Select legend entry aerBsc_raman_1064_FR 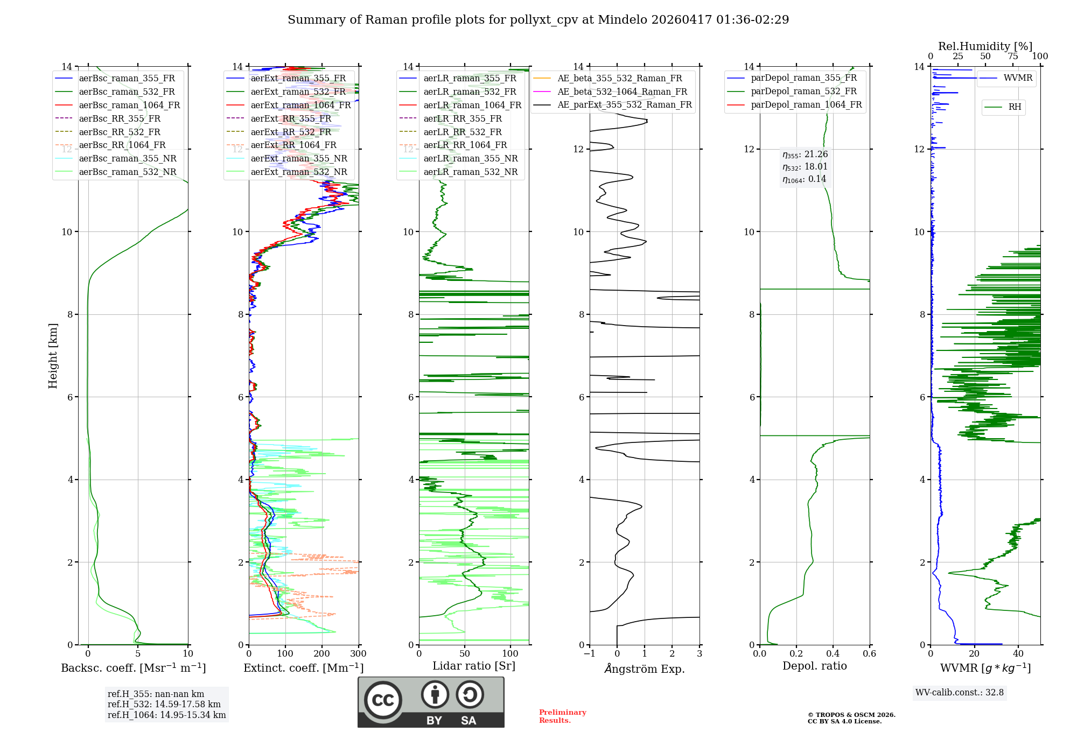tap(129, 105)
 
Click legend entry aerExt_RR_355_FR tap(291, 118)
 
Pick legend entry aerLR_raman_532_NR tap(470, 172)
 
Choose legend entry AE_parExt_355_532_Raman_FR tap(624, 104)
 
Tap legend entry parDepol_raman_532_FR tap(803, 91)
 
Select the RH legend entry tap(1015, 107)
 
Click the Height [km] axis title tap(53, 355)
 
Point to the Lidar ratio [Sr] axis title tap(474, 666)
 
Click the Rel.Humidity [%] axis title tap(985, 46)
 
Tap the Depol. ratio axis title tap(814, 666)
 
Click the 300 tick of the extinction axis tap(358, 654)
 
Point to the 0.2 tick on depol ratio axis tap(796, 654)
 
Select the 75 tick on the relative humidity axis tap(1013, 57)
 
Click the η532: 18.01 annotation tap(805, 167)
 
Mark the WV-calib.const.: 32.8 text tap(960, 692)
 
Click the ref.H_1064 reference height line tap(166, 715)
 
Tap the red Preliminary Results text tap(562, 716)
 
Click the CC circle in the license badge tap(383, 700)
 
